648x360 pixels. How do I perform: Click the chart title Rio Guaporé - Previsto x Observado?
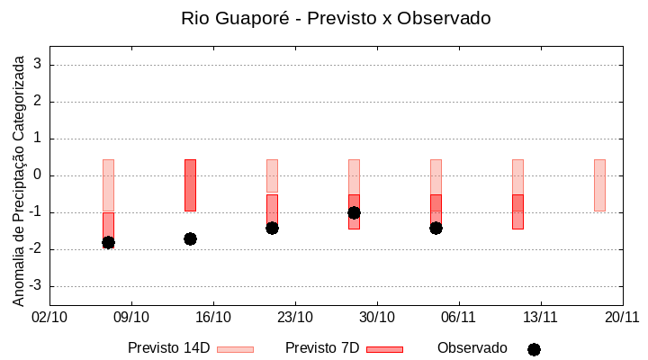pos(336,18)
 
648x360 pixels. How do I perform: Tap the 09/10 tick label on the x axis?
pos(131,317)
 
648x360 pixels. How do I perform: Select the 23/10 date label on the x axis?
pos(295,317)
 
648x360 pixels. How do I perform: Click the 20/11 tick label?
pos(622,317)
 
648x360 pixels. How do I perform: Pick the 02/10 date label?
pos(49,317)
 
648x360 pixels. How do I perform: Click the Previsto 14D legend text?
pos(168,348)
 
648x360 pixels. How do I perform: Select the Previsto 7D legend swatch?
pos(384,349)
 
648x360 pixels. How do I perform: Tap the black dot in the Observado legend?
pos(534,349)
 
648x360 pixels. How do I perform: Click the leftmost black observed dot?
pos(108,242)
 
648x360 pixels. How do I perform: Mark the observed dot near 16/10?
pos(190,238)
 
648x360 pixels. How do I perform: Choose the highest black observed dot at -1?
pos(354,212)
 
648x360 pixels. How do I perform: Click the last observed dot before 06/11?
pos(436,228)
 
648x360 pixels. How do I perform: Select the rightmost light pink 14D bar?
pos(599,185)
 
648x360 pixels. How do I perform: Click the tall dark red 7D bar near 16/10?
pos(190,185)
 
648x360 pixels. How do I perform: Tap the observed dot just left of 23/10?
pos(272,228)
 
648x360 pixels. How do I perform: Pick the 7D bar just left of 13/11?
pos(517,211)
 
